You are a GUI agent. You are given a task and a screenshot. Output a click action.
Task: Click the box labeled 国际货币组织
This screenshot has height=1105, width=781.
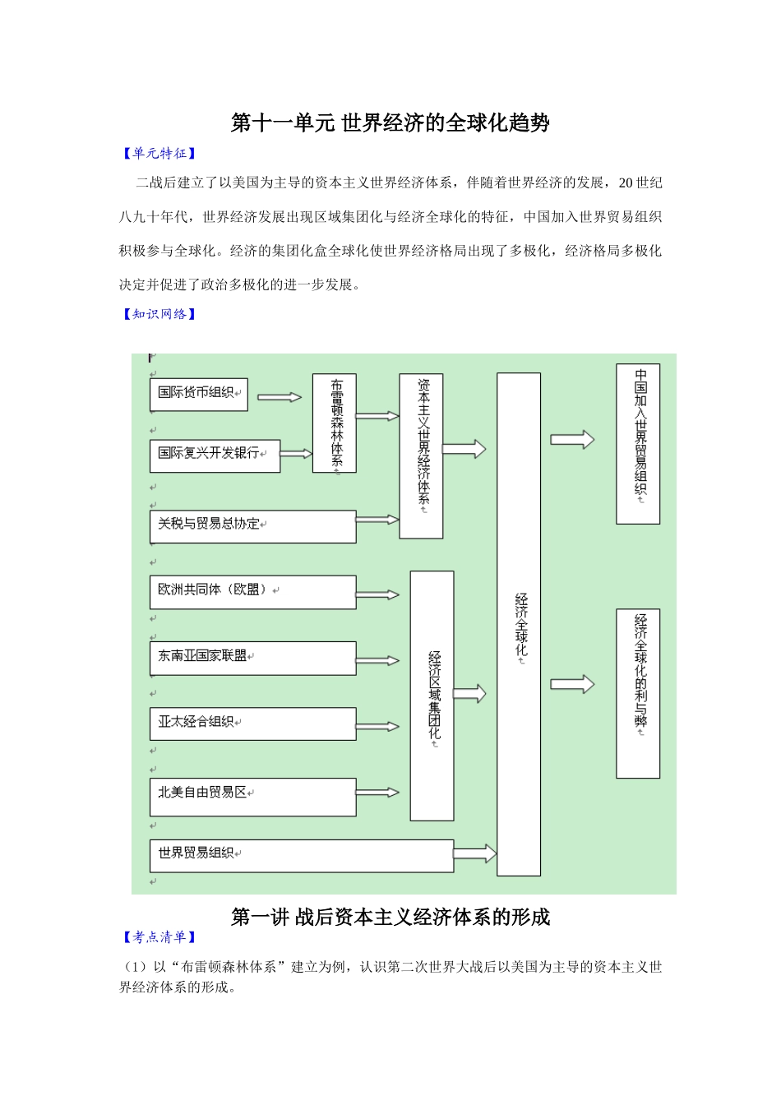coord(198,394)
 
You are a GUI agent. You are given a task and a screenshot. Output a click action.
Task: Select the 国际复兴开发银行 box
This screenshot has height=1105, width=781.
coord(215,455)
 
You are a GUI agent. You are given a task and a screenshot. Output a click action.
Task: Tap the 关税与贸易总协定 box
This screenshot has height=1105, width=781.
coord(252,526)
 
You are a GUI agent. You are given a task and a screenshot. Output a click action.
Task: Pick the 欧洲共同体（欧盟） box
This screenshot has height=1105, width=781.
coord(252,592)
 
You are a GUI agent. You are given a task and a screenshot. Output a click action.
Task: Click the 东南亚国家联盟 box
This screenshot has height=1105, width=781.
coord(252,658)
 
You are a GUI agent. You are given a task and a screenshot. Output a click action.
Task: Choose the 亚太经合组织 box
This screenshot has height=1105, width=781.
coord(252,724)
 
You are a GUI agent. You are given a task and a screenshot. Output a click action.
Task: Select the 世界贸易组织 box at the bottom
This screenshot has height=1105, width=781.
coord(301,855)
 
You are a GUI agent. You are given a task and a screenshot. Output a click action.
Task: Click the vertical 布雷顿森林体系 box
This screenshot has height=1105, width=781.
coord(335,423)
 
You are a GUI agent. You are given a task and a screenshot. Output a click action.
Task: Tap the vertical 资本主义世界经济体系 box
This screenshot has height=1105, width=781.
coord(421,456)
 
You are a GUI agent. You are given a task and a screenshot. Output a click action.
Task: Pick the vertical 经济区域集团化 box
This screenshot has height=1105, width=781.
coord(432,696)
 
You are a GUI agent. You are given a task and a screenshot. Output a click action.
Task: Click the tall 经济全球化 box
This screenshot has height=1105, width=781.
coord(519,624)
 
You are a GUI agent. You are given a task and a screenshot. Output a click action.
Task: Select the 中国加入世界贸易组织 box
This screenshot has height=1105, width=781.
coord(638,444)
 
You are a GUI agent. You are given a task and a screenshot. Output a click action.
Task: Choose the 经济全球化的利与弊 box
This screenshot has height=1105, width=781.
coord(638,693)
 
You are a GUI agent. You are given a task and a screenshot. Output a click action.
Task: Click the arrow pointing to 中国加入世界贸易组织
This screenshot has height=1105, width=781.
coord(572,440)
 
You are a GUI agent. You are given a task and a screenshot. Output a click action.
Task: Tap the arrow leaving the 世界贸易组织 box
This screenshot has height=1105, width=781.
coord(475,853)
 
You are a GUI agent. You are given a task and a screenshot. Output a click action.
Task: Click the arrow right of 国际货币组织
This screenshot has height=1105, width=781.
coord(280,397)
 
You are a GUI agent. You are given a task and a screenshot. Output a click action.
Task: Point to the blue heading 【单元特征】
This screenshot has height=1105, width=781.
coord(159,153)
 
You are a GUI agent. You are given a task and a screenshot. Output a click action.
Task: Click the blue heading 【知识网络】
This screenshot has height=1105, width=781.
coord(159,314)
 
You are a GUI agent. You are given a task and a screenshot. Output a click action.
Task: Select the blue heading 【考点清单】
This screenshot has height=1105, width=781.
coord(159,936)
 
